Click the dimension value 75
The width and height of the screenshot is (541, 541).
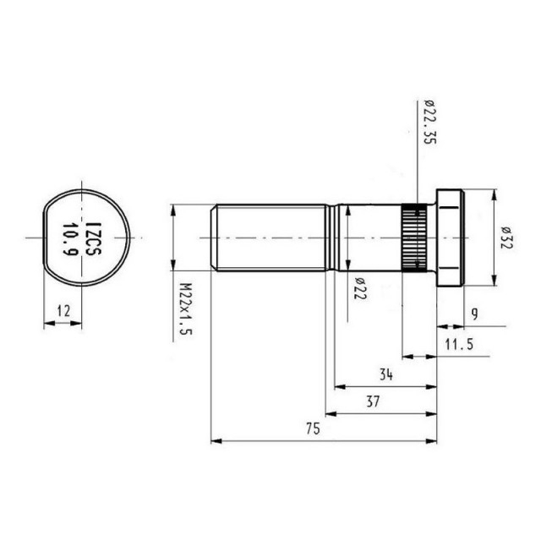[x=312, y=429]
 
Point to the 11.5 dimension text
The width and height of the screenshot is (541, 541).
[x=457, y=345]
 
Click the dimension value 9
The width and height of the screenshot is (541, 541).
[x=475, y=314]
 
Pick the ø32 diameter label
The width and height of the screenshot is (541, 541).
[x=505, y=239]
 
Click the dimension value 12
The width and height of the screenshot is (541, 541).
[x=63, y=310]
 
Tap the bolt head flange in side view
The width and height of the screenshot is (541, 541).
[x=448, y=238]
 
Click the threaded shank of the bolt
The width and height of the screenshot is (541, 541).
[x=270, y=238]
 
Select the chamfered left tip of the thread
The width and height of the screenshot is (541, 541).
[x=213, y=238]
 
